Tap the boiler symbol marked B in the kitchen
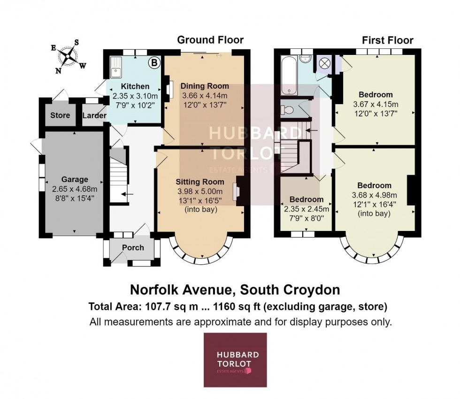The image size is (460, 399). point(153,62)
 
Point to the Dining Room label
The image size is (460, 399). point(205,86)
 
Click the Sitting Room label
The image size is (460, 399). point(200,181)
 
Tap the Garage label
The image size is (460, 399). point(75,179)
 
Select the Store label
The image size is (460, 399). point(60,115)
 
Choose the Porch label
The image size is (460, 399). point(133,247)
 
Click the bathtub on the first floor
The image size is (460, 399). point(286,75)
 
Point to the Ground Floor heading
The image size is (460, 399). point(210,40)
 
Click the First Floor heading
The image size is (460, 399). point(387,40)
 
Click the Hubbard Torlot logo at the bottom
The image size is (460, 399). point(235,360)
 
